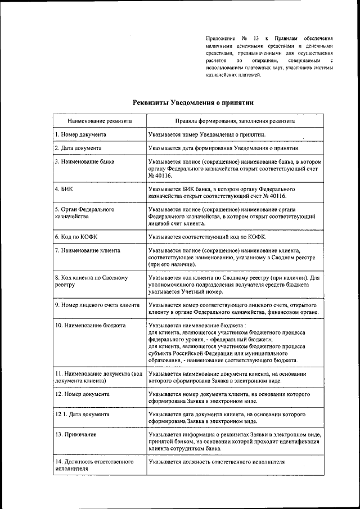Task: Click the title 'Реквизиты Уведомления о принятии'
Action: pyautogui.click(x=193, y=102)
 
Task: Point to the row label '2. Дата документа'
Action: pyautogui.click(x=78, y=148)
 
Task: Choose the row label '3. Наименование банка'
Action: pyautogui.click(x=84, y=161)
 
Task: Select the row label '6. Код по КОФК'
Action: pyautogui.click(x=76, y=236)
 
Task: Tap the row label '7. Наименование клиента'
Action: pyautogui.click(x=87, y=250)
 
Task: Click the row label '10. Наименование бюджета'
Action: pyautogui.click(x=90, y=326)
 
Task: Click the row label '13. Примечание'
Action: pyautogui.click(x=75, y=434)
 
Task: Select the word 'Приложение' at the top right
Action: pyautogui.click(x=220, y=38)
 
